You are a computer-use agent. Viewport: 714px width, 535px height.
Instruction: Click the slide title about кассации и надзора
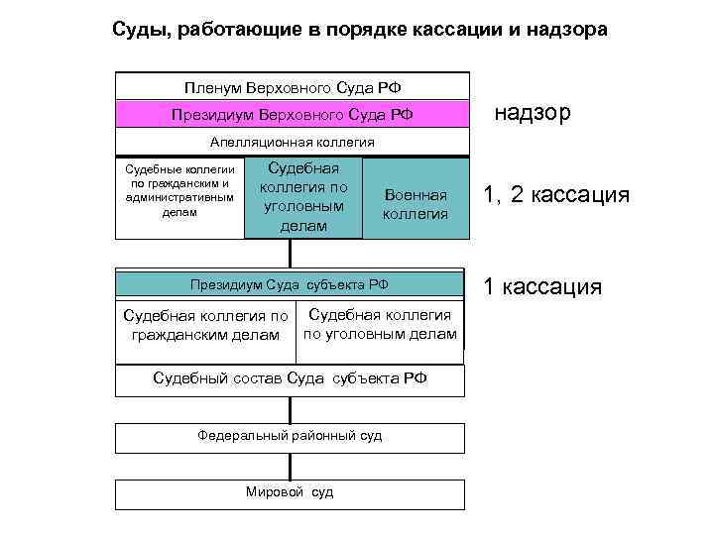tap(358, 30)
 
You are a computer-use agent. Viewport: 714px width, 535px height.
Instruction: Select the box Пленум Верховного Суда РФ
tap(291, 87)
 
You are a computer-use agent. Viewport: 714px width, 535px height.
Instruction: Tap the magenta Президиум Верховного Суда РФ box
tap(291, 114)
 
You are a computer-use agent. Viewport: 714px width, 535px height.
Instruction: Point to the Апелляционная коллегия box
tap(291, 142)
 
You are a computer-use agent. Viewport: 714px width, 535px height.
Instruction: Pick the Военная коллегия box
tap(415, 206)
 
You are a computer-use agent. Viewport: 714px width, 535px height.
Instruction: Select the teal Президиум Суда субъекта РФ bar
tap(290, 285)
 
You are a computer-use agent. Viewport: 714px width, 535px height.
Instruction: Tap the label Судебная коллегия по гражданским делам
tap(204, 325)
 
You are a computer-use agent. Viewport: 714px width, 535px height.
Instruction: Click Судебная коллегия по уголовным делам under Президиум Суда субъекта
tap(381, 324)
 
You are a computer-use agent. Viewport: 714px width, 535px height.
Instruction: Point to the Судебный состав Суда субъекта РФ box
tap(290, 378)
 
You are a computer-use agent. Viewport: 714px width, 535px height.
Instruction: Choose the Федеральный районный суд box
tap(290, 436)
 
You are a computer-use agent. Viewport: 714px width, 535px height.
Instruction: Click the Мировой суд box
tap(290, 492)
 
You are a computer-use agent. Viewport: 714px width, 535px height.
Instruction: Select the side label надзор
tap(532, 113)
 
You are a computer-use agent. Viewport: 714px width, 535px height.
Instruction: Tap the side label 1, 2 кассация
tap(555, 195)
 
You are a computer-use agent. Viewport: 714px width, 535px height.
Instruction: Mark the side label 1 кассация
tap(541, 287)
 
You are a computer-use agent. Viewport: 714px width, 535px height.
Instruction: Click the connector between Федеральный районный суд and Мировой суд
tap(290, 466)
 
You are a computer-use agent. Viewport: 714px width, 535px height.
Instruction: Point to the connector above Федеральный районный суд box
tap(290, 409)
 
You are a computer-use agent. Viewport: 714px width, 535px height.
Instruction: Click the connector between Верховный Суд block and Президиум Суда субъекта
tap(290, 254)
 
